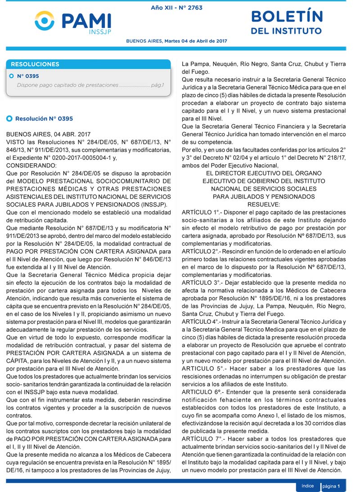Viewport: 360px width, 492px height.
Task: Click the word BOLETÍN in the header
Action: [287, 17]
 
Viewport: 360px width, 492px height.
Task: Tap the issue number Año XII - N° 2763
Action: [176, 8]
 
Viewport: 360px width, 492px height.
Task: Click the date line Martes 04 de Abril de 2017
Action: [195, 41]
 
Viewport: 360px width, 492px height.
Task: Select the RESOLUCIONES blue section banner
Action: [88, 64]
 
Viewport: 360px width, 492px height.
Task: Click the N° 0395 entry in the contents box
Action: [28, 76]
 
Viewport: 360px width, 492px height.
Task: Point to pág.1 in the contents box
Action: [157, 85]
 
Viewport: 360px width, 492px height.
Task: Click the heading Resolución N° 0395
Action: [44, 119]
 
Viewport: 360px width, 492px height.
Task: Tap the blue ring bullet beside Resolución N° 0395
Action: [9, 119]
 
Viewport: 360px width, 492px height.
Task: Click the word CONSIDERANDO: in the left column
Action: [31, 165]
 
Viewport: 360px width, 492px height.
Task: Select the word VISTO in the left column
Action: [16, 142]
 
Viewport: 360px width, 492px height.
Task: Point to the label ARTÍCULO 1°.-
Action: [202, 212]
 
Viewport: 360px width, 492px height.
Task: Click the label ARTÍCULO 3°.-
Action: [202, 283]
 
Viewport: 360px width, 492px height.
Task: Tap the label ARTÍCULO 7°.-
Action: [202, 439]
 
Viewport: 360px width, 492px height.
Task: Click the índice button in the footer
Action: [308, 486]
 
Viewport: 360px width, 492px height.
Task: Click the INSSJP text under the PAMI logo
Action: [100, 31]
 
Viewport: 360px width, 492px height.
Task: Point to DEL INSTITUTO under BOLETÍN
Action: [286, 31]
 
